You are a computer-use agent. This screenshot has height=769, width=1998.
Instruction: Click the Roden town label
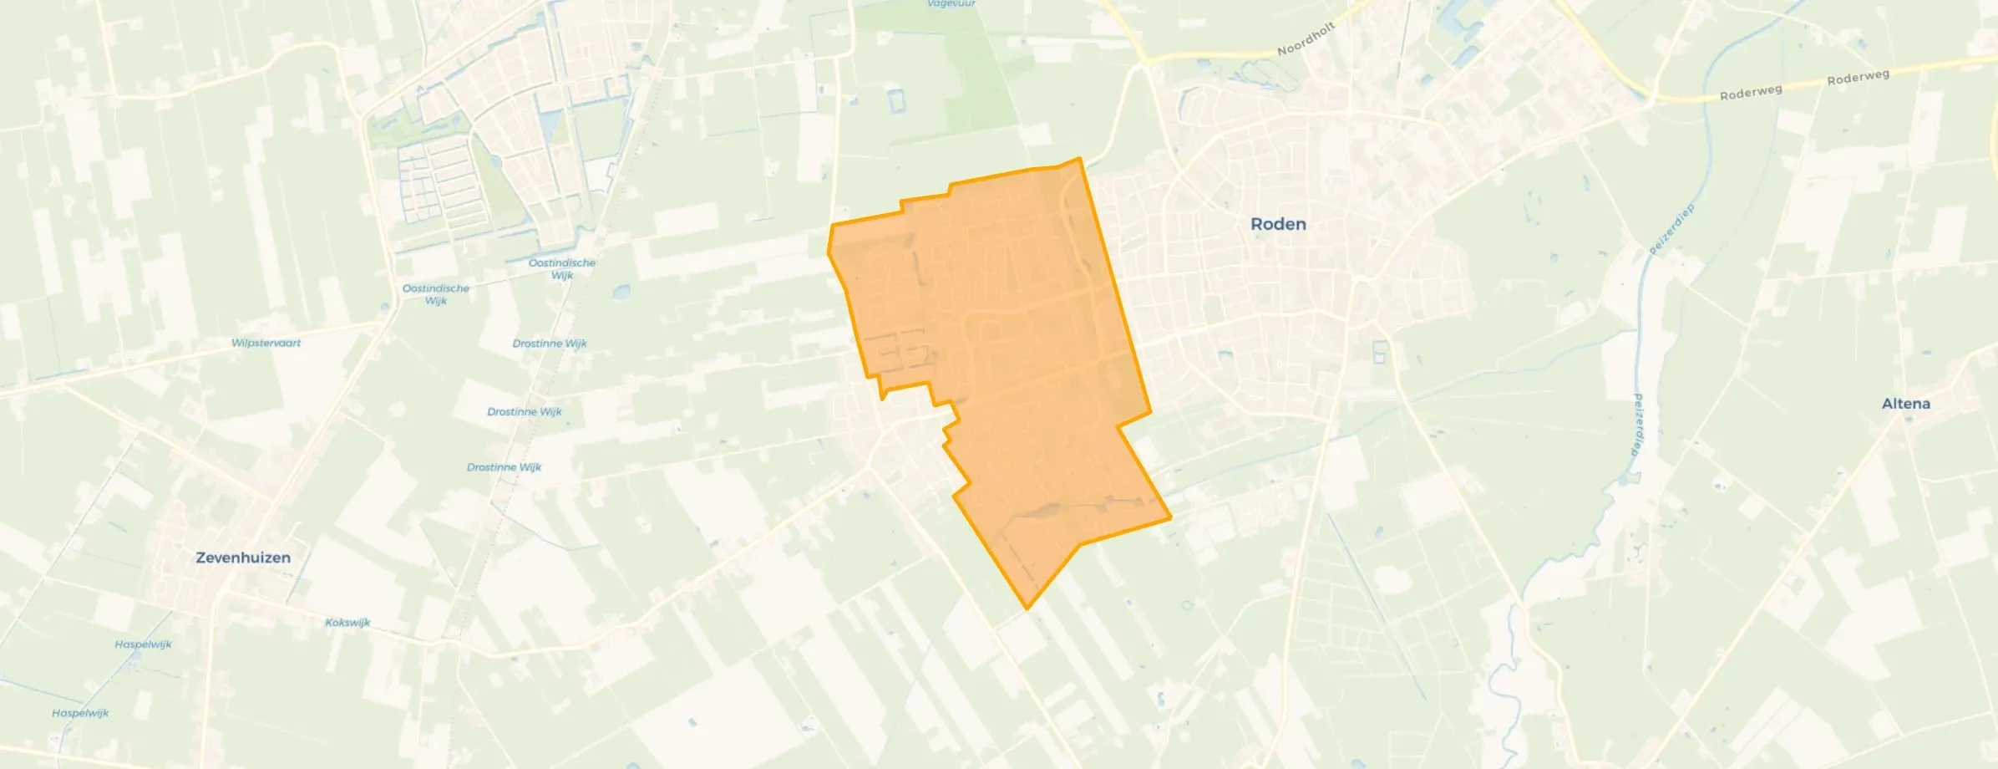[x=1278, y=224]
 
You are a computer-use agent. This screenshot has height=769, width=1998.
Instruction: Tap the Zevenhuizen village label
[x=243, y=558]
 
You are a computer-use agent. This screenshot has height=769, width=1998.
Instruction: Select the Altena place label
[x=1905, y=404]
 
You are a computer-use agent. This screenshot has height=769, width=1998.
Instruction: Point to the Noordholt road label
[x=1306, y=39]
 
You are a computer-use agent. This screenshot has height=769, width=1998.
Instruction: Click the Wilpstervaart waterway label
[x=266, y=343]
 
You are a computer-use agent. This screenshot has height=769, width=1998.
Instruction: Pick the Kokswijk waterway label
[x=347, y=623]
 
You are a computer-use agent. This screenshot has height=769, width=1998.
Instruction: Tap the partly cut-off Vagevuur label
[x=951, y=4]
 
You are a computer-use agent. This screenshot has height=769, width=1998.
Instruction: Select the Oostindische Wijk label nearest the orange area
[x=562, y=268]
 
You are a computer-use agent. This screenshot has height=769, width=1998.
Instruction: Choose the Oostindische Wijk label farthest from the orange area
[x=435, y=294]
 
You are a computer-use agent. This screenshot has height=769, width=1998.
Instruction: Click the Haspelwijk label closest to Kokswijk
[x=143, y=644]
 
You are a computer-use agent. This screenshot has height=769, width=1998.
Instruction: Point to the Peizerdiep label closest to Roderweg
[x=1671, y=229]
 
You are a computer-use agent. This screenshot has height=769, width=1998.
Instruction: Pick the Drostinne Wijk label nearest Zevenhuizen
[x=504, y=467]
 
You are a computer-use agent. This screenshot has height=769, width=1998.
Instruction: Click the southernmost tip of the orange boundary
[x=1027, y=609]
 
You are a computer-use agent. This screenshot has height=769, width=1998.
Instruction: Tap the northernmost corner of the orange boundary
[x=1079, y=158]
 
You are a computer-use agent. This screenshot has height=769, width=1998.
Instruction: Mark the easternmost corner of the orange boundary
[x=1170, y=517]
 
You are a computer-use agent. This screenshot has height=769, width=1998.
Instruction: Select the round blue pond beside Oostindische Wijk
[x=621, y=293]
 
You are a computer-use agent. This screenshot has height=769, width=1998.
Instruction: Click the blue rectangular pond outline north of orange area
[x=895, y=102]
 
